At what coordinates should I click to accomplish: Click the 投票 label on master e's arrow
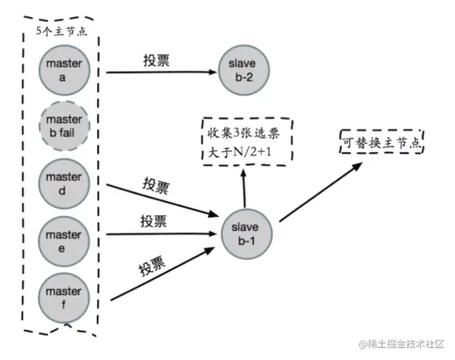pyautogui.click(x=154, y=220)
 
